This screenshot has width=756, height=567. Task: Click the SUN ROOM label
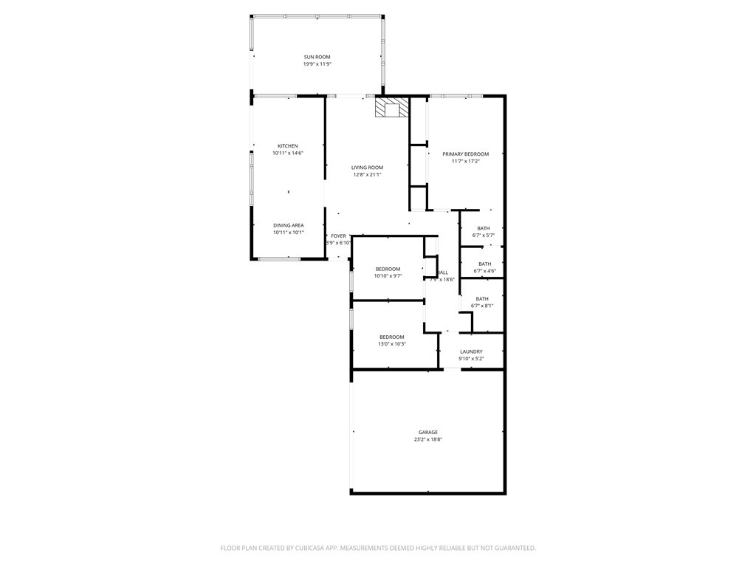tap(317, 57)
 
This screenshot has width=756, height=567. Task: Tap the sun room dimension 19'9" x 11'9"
tap(317, 64)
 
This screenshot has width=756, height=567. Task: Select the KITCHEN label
tap(288, 145)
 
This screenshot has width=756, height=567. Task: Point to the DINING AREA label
tap(288, 225)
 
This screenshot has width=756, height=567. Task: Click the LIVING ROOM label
tap(367, 168)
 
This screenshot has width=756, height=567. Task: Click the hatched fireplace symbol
tap(391, 109)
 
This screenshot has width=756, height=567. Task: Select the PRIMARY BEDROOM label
tap(465, 154)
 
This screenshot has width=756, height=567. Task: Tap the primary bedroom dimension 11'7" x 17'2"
tap(465, 162)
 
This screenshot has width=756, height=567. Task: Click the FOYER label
tap(338, 236)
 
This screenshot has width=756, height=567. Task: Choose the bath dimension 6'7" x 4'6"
tap(484, 271)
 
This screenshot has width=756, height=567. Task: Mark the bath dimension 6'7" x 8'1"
tap(482, 306)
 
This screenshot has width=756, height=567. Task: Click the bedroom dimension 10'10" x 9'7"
tap(388, 276)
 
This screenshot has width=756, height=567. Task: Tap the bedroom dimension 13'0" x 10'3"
tap(391, 344)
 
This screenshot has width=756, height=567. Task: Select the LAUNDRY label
tap(471, 351)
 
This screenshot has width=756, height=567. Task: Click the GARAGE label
tap(427, 432)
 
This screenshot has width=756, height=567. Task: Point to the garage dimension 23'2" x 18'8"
tap(427, 439)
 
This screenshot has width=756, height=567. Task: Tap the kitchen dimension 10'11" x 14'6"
tap(288, 153)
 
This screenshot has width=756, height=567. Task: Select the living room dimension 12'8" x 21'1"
tap(367, 175)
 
